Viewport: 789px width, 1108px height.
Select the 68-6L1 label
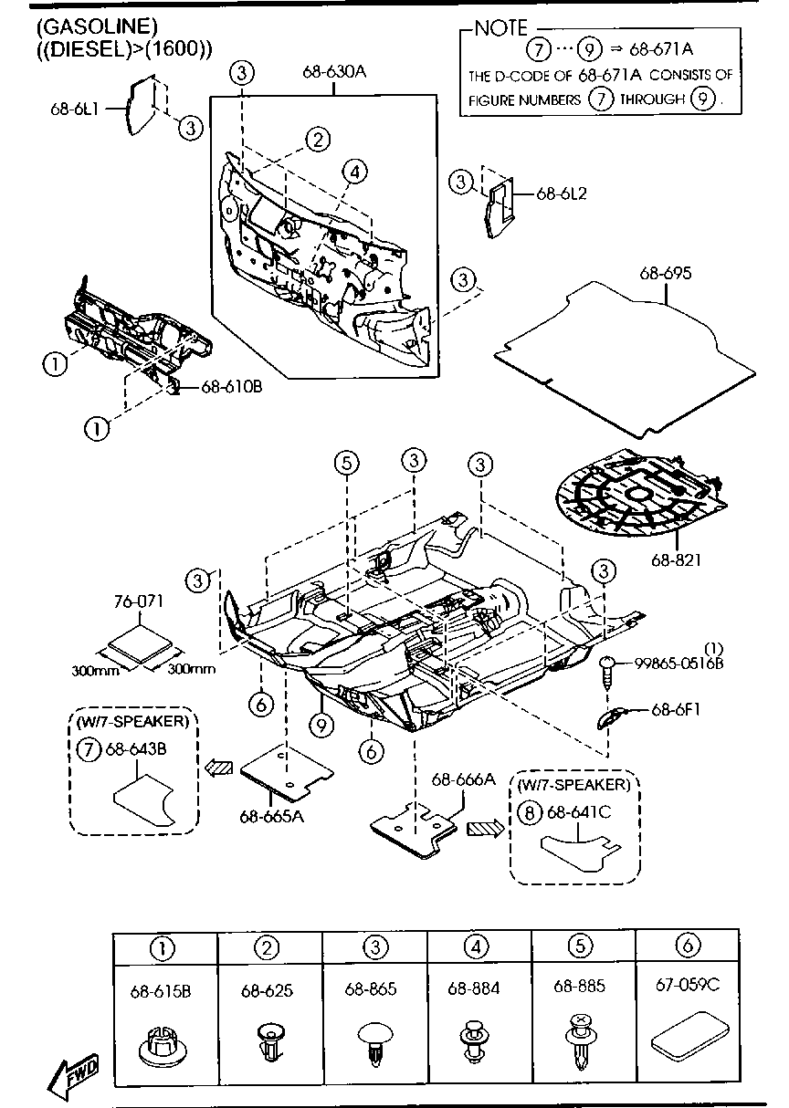75,109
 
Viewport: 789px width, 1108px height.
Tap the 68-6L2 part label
561,193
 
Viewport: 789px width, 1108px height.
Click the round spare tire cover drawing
638,498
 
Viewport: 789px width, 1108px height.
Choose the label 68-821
677,559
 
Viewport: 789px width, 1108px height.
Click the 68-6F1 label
676,708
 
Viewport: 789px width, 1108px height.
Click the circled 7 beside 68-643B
87,750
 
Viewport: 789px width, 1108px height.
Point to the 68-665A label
271,816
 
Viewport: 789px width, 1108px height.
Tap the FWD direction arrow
77,1076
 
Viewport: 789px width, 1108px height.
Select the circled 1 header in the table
163,948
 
